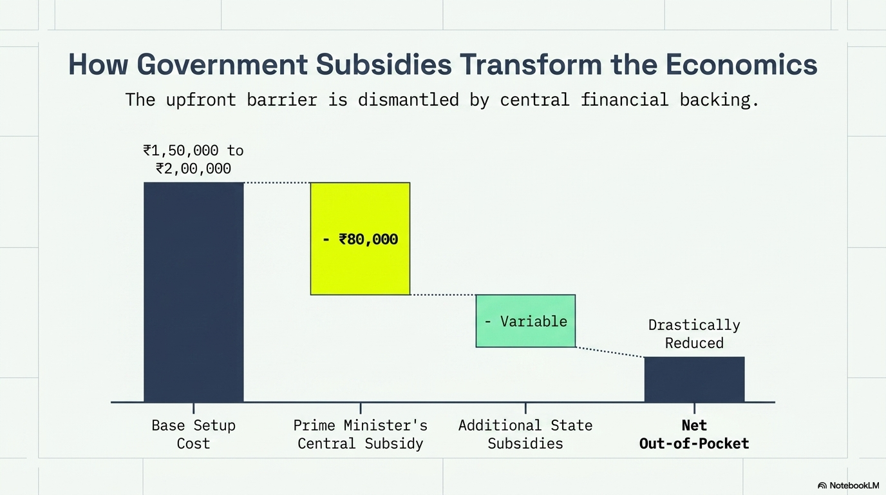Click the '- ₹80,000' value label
click(361, 240)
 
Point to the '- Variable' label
click(525, 321)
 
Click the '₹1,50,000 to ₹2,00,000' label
click(193, 160)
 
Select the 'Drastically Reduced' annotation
click(694, 334)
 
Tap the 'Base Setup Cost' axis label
click(193, 434)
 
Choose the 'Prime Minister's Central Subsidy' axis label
click(360, 434)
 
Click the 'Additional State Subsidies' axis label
click(525, 434)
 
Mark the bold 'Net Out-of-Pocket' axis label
click(694, 434)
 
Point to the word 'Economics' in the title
click(741, 65)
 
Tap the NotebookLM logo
click(848, 485)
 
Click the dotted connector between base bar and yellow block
click(277, 183)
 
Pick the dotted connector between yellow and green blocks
click(443, 295)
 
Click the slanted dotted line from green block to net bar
click(610, 352)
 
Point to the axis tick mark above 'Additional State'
click(525, 408)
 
